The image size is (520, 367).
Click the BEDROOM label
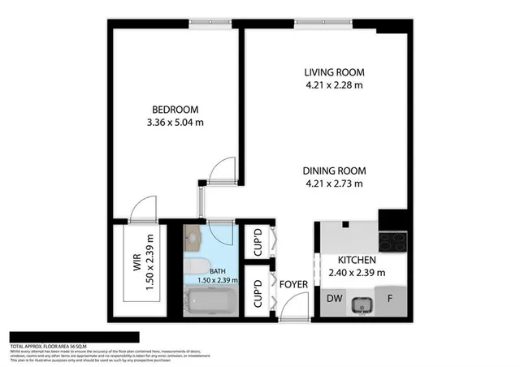coord(175,110)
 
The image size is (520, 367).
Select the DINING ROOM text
coord(334,171)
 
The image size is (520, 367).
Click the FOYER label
coord(292,284)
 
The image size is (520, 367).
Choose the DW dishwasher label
coord(334,299)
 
